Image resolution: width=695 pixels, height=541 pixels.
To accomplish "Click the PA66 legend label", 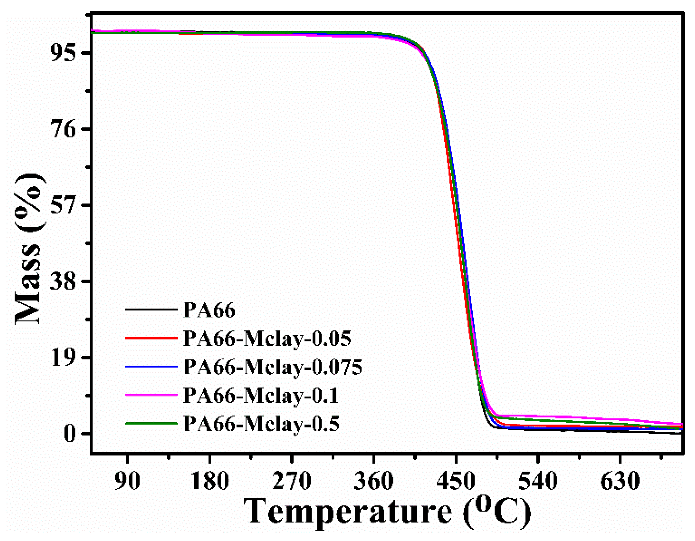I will coord(209,310).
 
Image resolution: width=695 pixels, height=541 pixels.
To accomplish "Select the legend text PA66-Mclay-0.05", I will coord(267,339).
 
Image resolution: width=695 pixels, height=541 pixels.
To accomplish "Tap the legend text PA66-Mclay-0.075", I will coord(273,367).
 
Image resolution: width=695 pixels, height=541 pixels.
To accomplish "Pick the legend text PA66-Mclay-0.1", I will coord(261,396).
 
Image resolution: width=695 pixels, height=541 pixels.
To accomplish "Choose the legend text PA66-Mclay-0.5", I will coord(261,424).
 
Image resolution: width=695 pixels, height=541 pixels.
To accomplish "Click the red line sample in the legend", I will coord(151,338).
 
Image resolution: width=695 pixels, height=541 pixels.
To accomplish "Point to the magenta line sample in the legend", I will coord(151,395).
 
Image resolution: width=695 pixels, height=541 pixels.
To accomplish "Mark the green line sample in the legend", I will coord(151,423).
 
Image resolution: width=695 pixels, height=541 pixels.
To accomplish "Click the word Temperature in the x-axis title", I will coord(348,512).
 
